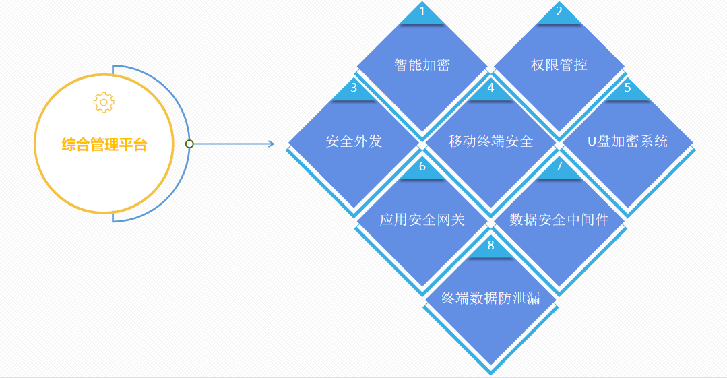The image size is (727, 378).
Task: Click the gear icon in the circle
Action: click(104, 102)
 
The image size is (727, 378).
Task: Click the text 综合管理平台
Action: click(104, 144)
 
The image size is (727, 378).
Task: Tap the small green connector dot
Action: click(189, 144)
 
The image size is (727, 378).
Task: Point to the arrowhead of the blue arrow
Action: click(271, 144)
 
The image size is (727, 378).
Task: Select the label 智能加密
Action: click(422, 65)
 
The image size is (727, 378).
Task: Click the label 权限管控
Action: click(559, 65)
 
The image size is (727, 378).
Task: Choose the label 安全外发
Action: click(354, 141)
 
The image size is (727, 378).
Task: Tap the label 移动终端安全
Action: click(491, 141)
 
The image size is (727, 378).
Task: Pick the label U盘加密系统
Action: click(628, 141)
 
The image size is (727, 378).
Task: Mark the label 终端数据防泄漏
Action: click(491, 298)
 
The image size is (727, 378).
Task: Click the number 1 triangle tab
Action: click(422, 13)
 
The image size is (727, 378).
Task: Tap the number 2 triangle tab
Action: click(559, 13)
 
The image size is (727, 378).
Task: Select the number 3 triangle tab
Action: click(354, 90)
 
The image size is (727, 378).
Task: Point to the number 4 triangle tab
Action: click(491, 90)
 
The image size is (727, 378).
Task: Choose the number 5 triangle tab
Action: click(628, 90)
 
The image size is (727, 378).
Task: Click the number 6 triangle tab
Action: click(422, 168)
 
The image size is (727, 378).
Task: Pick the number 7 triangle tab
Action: click(559, 168)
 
